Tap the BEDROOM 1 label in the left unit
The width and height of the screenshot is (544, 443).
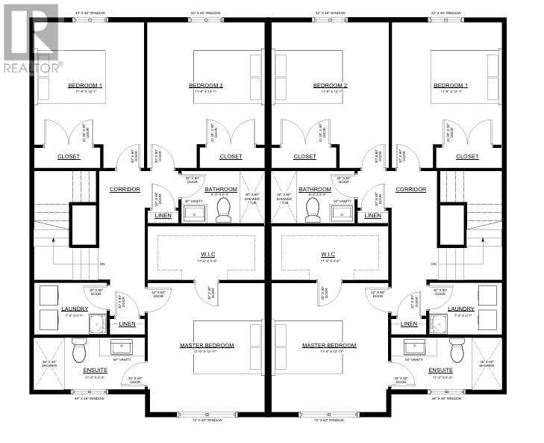(85, 86)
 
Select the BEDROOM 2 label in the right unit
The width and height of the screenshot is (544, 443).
(330, 86)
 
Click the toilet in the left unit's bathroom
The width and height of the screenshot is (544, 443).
(222, 211)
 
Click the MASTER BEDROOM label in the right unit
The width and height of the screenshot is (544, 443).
(329, 346)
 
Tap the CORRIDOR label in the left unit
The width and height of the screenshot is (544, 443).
(125, 190)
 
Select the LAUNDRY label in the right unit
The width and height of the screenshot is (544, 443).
(460, 309)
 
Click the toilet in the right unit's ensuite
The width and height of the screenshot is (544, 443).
(457, 350)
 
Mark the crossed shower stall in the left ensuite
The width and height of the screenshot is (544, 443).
(49, 364)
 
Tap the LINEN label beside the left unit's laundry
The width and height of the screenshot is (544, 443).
(127, 323)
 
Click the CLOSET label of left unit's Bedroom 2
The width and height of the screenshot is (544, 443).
(231, 157)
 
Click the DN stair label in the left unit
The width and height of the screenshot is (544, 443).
(101, 264)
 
